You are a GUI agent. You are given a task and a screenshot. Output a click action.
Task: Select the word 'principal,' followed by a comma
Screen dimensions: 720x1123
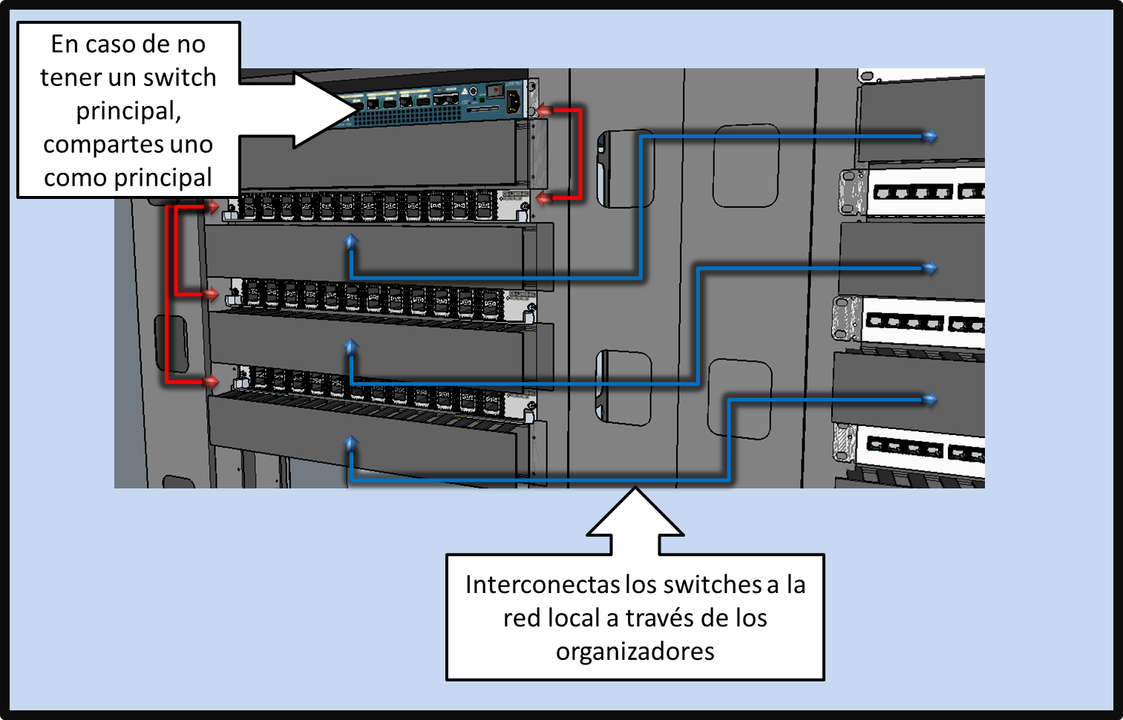point(128,111)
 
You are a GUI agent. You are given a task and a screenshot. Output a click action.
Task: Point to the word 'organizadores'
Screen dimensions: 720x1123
point(635,652)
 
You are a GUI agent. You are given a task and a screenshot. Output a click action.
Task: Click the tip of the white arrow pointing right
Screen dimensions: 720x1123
point(355,109)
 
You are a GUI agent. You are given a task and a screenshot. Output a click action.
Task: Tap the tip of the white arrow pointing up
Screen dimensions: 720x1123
point(635,489)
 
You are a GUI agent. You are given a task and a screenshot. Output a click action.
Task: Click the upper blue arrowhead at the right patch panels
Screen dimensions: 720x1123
point(931,137)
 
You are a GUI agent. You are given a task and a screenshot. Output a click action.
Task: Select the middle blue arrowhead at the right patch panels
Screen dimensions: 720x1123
point(931,268)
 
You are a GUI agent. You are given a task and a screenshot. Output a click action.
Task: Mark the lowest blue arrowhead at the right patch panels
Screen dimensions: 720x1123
point(931,400)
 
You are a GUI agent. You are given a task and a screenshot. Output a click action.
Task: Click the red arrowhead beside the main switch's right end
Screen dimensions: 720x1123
point(544,111)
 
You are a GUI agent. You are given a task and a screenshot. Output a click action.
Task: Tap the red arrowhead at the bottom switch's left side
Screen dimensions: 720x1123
point(212,382)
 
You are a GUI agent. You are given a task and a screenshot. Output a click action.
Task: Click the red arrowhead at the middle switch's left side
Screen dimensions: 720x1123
point(212,295)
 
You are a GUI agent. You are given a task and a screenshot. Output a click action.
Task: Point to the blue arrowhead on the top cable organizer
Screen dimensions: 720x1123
point(351,240)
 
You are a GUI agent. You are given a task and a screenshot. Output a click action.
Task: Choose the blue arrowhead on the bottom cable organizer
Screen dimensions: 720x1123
point(351,442)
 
